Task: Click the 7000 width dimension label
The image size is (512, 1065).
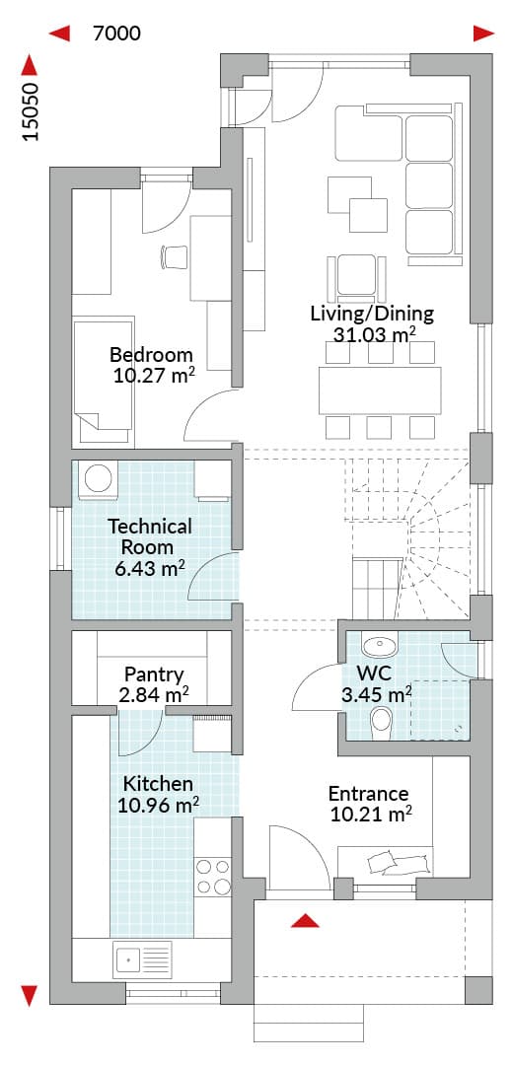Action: (116, 33)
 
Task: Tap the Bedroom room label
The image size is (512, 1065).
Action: (151, 355)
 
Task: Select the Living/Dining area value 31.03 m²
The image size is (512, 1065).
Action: (374, 333)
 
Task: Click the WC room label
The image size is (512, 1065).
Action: (371, 674)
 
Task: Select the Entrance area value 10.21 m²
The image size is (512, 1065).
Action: (372, 813)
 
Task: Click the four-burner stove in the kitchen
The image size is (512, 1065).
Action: (213, 877)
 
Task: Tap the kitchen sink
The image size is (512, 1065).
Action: (143, 959)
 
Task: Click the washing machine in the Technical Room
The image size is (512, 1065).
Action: (99, 478)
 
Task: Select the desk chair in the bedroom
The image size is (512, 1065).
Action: (174, 256)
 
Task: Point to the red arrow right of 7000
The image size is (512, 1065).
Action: (483, 34)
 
